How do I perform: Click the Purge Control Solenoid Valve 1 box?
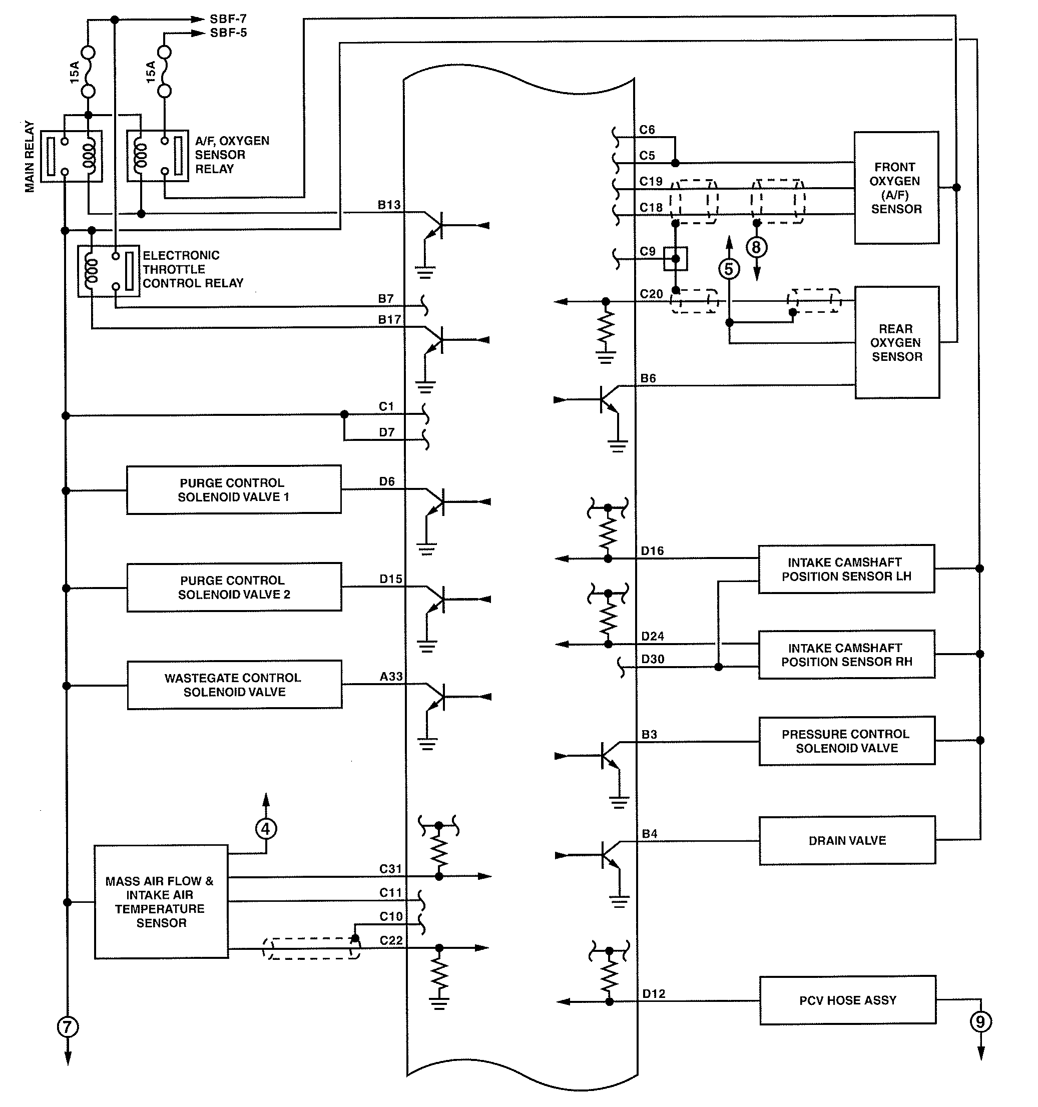point(233,490)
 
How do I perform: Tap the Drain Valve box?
point(847,840)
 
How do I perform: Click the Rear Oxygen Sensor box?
point(896,342)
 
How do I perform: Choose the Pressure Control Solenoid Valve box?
point(846,741)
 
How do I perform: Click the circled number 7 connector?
point(68,1026)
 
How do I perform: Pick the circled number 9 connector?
point(980,1021)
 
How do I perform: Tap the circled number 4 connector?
point(266,829)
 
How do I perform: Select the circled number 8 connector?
point(756,247)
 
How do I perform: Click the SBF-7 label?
point(228,19)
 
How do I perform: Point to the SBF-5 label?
point(228,33)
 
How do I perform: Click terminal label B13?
point(389,205)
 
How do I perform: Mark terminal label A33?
point(391,676)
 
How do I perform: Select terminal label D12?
point(653,993)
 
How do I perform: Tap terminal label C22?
point(391,940)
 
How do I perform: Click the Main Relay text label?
point(29,157)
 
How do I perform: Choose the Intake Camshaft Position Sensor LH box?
point(846,569)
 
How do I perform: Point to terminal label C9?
point(647,251)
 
